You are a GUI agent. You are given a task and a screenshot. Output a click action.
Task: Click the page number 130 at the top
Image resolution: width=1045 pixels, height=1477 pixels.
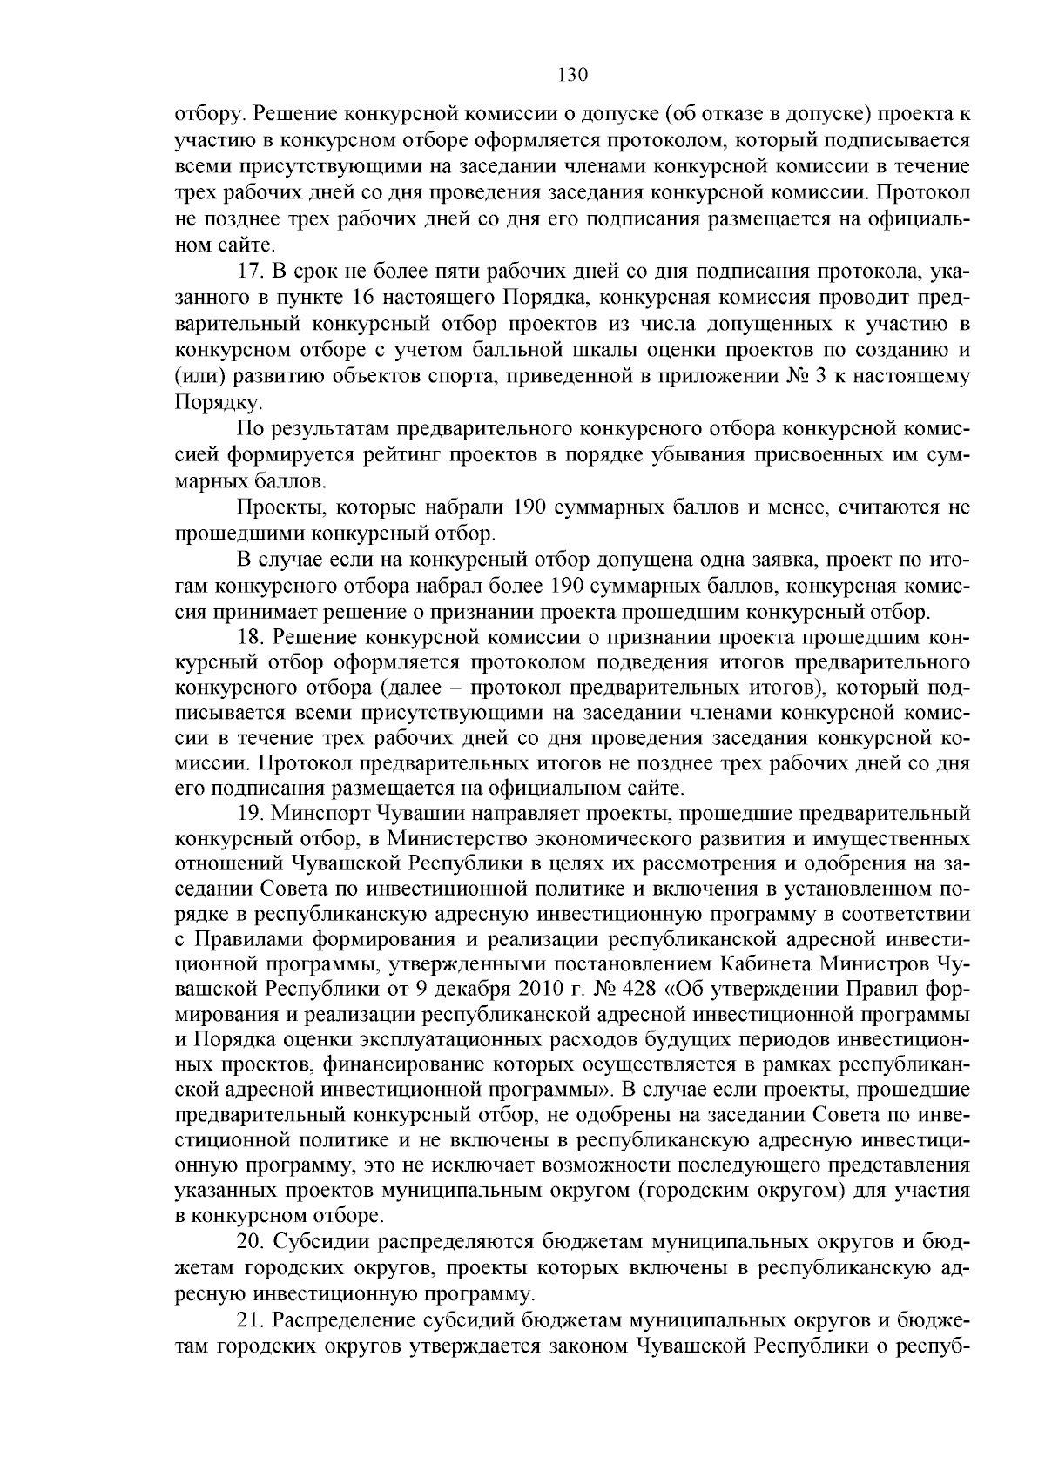[573, 75]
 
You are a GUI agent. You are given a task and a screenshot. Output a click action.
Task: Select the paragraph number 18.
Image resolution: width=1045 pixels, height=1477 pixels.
[248, 638]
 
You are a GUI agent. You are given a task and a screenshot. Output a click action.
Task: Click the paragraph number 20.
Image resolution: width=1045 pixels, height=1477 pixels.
[248, 1240]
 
